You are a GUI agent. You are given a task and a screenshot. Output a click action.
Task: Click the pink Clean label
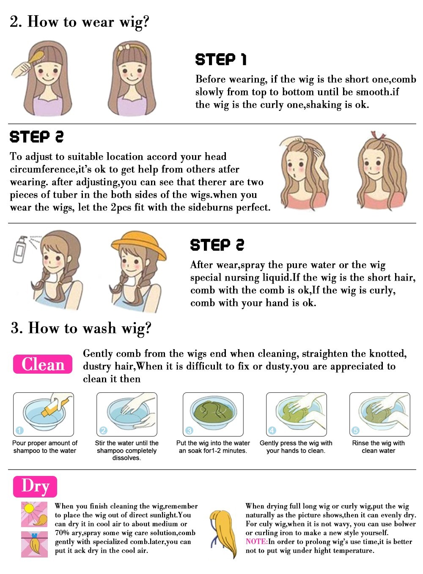point(43,364)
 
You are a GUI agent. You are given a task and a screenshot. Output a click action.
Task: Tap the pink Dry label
point(35,487)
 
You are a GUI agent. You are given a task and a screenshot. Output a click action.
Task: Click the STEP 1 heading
point(221,59)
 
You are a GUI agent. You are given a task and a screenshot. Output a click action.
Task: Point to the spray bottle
point(20,249)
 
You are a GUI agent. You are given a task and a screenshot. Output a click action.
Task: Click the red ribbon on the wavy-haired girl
point(378,135)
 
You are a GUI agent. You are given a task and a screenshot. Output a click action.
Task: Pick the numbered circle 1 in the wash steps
point(20,430)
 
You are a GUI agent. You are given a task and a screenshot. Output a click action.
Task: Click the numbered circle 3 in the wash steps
point(190,430)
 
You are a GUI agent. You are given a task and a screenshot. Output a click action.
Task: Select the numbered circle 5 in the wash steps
point(356,430)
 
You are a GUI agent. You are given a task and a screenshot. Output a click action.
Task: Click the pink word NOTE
point(256,541)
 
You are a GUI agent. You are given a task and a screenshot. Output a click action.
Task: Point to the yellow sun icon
point(29,508)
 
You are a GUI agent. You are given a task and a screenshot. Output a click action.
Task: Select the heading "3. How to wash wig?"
point(81,328)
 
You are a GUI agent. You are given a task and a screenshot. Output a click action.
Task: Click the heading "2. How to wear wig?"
point(80,22)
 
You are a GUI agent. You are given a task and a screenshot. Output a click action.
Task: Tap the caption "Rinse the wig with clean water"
point(378,447)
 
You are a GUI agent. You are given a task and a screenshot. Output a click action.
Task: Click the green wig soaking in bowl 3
point(214,412)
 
